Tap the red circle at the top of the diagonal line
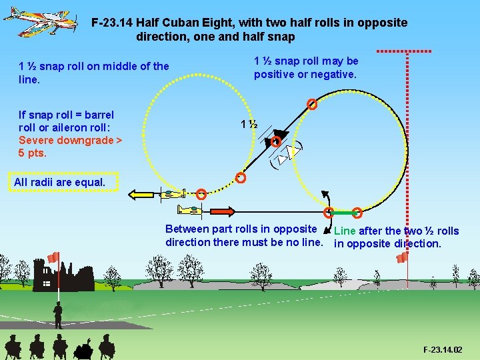coord(311,104)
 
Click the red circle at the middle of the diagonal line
coord(276,141)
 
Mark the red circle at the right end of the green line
coord(357,213)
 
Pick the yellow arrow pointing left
coord(145,195)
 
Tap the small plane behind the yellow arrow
coord(173,195)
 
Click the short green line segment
coord(343,213)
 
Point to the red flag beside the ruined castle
coord(53,257)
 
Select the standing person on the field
coord(58,313)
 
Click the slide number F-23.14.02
coord(442,349)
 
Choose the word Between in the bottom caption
coord(187,230)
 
